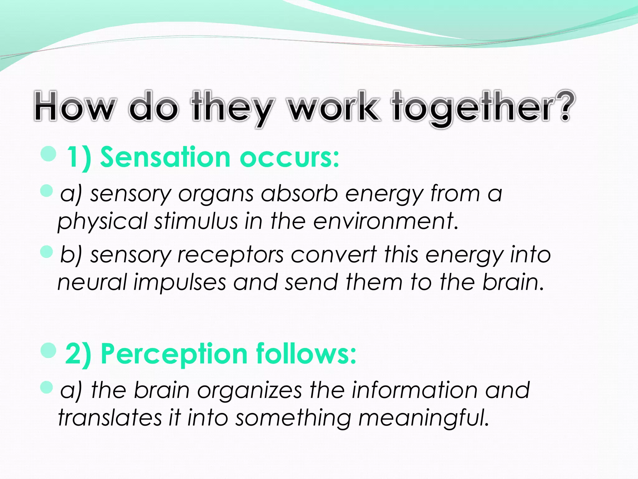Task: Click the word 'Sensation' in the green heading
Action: (x=165, y=157)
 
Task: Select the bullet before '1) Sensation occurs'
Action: (x=48, y=154)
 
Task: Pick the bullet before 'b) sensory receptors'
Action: (x=47, y=251)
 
